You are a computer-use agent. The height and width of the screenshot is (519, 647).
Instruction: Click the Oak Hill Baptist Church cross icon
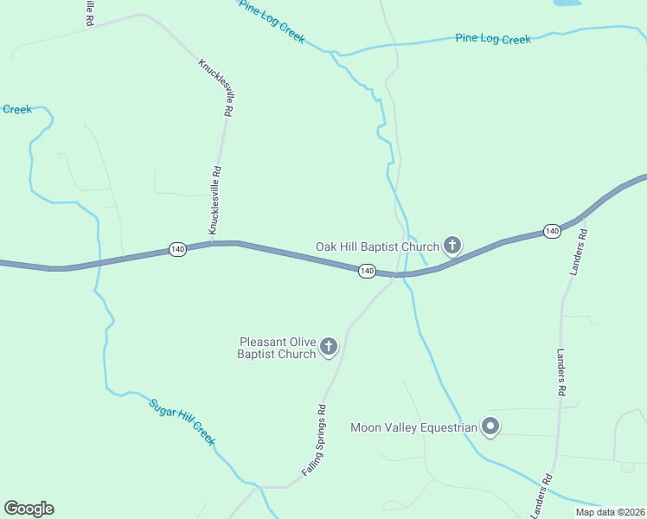pyautogui.click(x=452, y=247)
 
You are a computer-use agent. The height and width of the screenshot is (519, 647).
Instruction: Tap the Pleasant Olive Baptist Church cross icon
pyautogui.click(x=328, y=348)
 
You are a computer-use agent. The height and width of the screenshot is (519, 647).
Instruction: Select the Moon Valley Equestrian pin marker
pyautogui.click(x=490, y=427)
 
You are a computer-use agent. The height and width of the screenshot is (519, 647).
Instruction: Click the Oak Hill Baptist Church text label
pyautogui.click(x=377, y=247)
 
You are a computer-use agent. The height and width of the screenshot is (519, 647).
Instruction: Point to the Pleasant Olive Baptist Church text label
pyautogui.click(x=277, y=348)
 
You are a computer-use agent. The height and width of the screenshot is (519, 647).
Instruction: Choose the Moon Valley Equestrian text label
pyautogui.click(x=413, y=427)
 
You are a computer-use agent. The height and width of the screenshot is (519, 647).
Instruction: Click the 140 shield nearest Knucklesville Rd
pyautogui.click(x=177, y=249)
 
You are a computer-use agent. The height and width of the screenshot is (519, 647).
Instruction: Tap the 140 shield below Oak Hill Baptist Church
pyautogui.click(x=367, y=272)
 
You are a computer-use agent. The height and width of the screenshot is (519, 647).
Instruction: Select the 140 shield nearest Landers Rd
pyautogui.click(x=552, y=231)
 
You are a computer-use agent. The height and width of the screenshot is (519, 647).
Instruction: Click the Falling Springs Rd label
pyautogui.click(x=314, y=439)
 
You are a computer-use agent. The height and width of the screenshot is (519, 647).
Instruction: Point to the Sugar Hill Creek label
pyautogui.click(x=182, y=421)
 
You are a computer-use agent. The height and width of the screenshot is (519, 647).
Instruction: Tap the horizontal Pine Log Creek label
pyautogui.click(x=493, y=39)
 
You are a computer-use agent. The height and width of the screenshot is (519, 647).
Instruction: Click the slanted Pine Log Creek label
pyautogui.click(x=272, y=21)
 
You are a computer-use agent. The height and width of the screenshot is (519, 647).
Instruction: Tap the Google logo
pyautogui.click(x=29, y=509)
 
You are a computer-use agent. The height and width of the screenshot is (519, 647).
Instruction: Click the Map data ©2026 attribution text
pyautogui.click(x=609, y=512)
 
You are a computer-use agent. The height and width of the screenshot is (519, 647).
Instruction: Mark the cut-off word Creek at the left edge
pyautogui.click(x=16, y=109)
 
